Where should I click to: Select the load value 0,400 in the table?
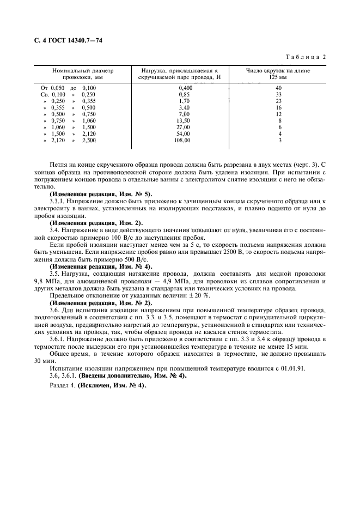tap(186, 87)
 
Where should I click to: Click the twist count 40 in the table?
tap(278, 87)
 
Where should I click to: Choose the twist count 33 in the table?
tap(278, 94)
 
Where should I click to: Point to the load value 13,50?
tap(184, 120)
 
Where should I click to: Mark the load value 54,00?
tap(184, 133)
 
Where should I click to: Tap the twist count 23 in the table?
tap(278, 100)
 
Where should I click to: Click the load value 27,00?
tap(184, 127)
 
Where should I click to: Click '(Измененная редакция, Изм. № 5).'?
tap(101, 195)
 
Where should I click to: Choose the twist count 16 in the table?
tap(278, 107)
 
